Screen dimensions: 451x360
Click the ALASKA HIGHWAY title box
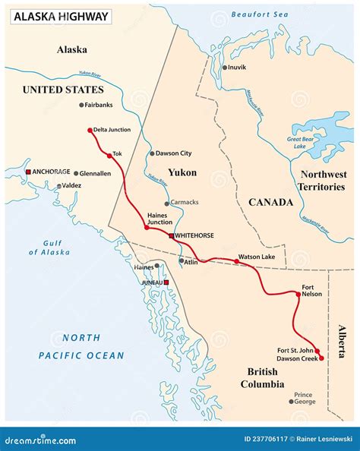pos(59,16)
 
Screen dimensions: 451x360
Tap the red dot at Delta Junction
pos(90,130)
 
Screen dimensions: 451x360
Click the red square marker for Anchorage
pos(29,172)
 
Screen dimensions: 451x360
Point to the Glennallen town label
pos(96,172)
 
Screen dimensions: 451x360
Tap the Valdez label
pos(71,185)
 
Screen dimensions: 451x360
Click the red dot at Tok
pos(109,154)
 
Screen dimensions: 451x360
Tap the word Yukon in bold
pos(182,173)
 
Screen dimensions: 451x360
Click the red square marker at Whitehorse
pos(172,236)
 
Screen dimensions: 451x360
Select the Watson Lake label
pos(254,257)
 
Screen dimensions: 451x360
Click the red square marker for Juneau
pos(166,282)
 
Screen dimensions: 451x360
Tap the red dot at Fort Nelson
pos(297,293)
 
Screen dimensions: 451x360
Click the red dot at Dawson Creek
pos(321,357)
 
